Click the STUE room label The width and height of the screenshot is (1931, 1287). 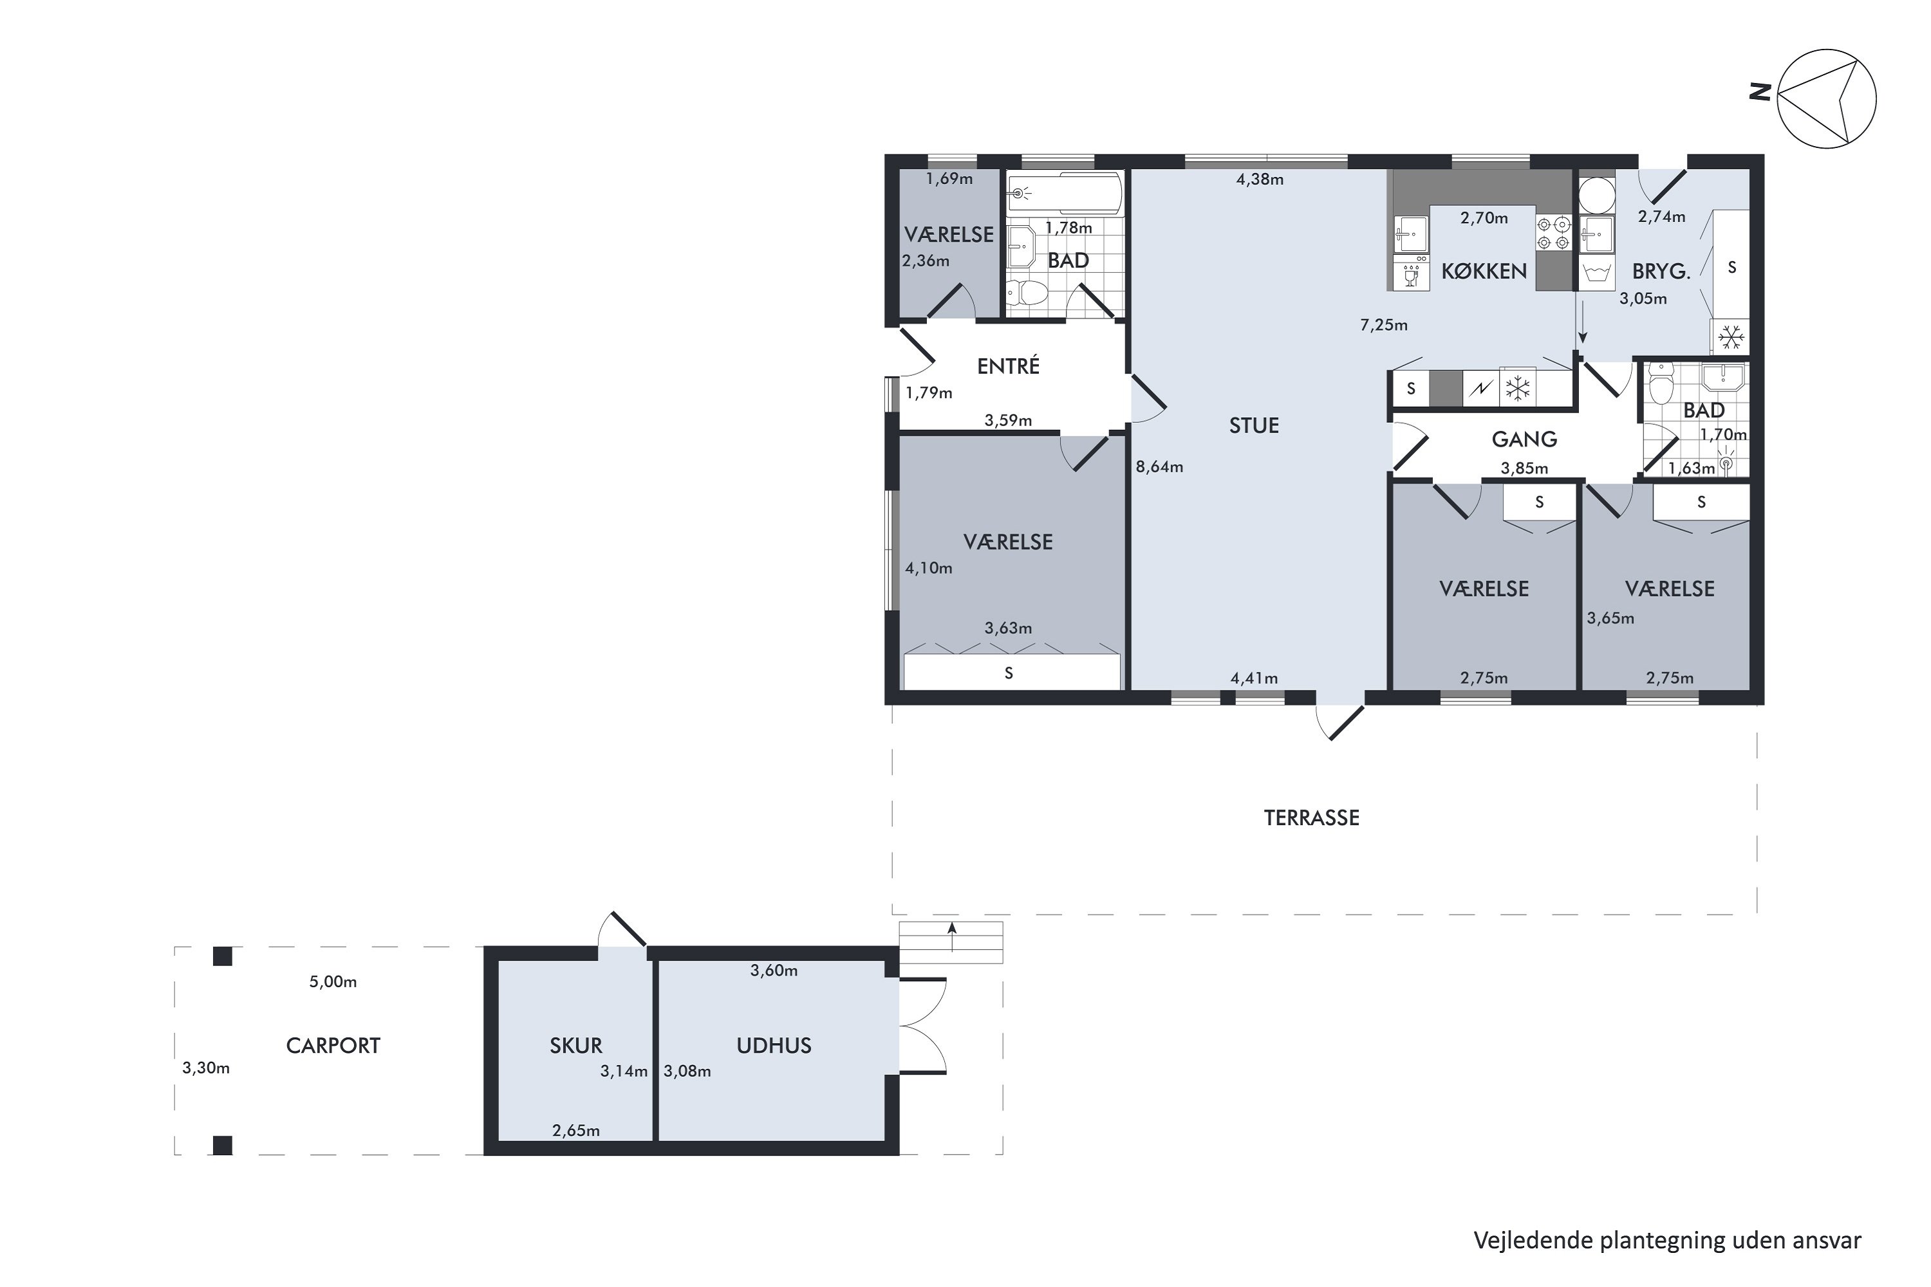pos(1254,425)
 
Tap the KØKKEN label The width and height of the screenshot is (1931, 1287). pos(1484,271)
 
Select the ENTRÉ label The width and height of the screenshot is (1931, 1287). pos(1008,366)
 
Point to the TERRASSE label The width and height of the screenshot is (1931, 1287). pos(1311,817)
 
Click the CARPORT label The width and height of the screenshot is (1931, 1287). pos(333,1046)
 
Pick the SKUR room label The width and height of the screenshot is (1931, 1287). pos(575,1046)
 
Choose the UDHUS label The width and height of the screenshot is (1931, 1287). pos(774,1046)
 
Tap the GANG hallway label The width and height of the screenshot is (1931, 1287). pos(1524,439)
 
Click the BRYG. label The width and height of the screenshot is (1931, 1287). pos(1661,272)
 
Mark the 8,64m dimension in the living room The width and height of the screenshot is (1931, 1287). pos(1159,467)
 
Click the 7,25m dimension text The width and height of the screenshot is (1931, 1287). pos(1383,325)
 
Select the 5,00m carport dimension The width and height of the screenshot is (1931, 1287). pos(333,982)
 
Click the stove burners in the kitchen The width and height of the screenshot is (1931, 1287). pos(1553,233)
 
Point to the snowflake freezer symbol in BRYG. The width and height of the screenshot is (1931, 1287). pos(1731,337)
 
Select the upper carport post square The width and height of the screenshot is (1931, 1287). pos(223,956)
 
